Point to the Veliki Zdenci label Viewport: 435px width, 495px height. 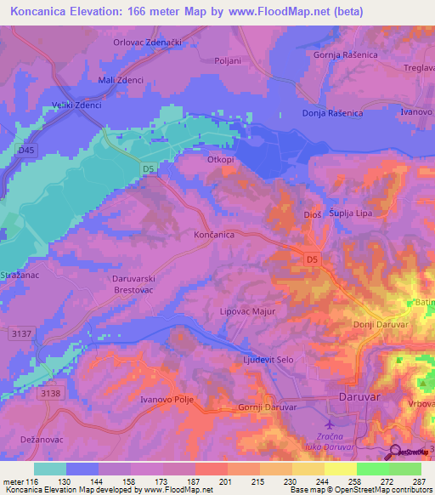[x=76, y=105]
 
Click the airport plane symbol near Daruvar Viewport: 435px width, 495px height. [x=330, y=424]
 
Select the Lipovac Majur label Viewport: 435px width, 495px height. [x=248, y=311]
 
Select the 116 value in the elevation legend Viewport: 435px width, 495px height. [x=31, y=481]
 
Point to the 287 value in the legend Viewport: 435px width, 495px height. [x=417, y=481]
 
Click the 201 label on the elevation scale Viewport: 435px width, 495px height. [x=225, y=481]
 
